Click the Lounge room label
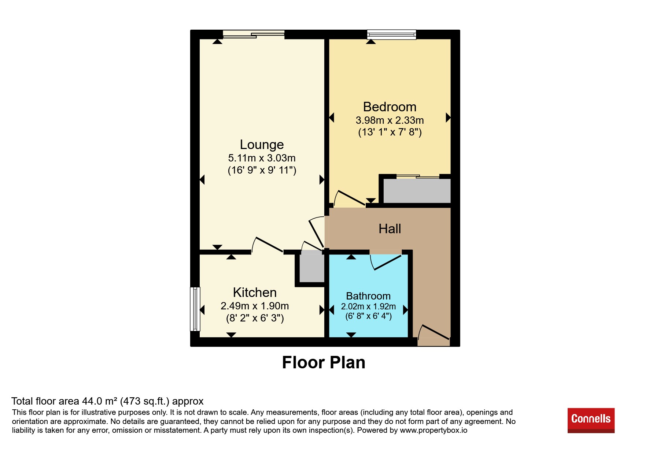[262, 145]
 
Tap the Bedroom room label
[390, 107]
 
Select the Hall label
[390, 229]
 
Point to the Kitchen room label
[255, 293]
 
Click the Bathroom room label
[368, 296]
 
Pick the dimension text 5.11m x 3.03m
[262, 158]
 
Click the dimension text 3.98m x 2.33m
[390, 120]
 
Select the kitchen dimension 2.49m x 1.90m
[255, 306]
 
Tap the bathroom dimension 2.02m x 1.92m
[368, 306]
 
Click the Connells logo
[591, 420]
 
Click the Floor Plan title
[324, 362]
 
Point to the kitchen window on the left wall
[195, 309]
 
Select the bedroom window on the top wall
[392, 34]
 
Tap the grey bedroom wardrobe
[417, 190]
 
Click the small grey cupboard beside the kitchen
[312, 266]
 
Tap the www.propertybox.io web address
[434, 431]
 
